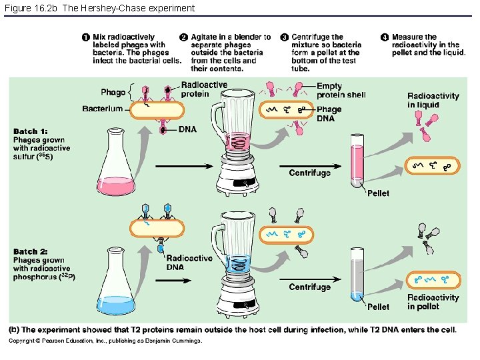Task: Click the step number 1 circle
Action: pos(86,37)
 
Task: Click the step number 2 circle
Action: pos(184,37)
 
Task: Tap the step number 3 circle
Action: pos(285,37)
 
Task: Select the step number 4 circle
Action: pos(385,37)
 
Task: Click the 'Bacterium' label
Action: pos(102,109)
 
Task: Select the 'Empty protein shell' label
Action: pos(341,91)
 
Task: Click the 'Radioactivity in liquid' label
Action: pos(433,100)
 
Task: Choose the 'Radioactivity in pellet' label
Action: pos(433,302)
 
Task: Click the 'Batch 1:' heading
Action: pos(31,131)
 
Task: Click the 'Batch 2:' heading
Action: pos(31,251)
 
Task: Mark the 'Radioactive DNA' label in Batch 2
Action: pos(189,263)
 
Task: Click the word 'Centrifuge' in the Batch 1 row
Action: pos(309,173)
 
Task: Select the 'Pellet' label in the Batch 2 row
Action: pos(378,307)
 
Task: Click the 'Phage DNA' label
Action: pos(329,113)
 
